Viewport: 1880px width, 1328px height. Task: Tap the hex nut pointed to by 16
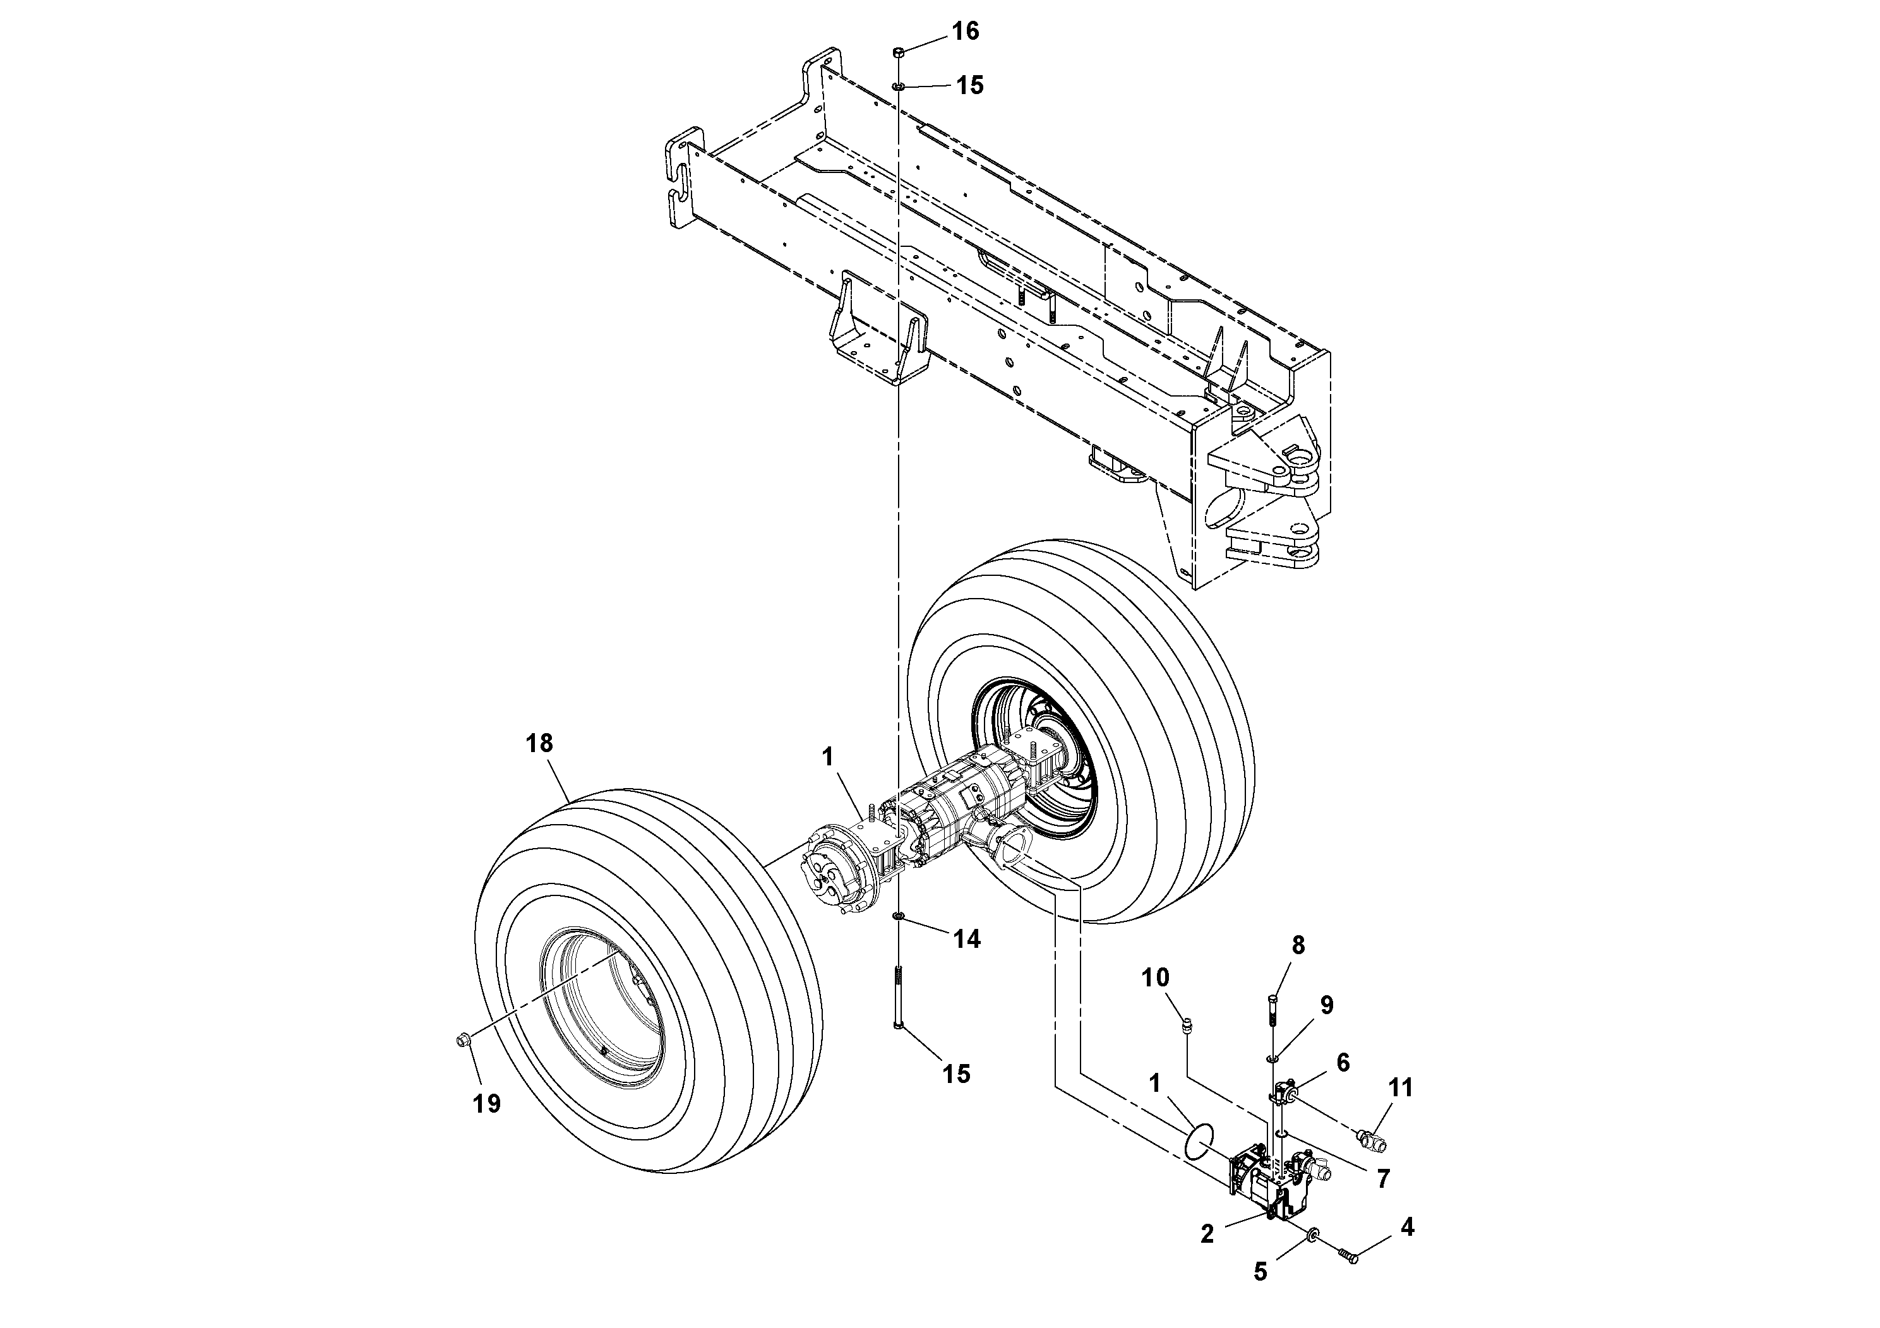coord(898,52)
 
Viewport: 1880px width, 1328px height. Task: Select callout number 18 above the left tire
coord(539,743)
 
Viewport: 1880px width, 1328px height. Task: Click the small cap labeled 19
coord(462,1040)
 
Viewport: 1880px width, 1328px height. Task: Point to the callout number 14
coord(967,939)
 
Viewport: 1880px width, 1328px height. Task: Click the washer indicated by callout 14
coord(898,916)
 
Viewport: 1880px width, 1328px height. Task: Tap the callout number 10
coord(1156,978)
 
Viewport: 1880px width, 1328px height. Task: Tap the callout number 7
coord(1383,1179)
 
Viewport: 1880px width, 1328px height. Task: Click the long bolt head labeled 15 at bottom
coord(898,1026)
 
